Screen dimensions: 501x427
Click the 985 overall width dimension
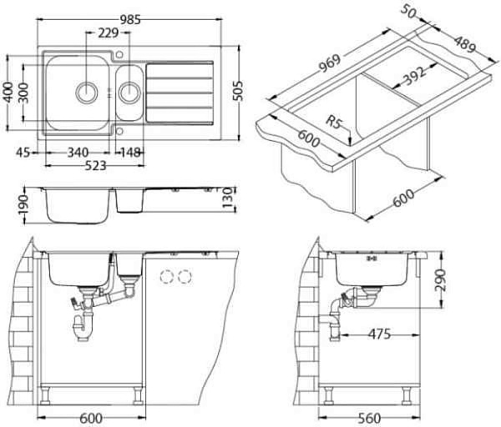(x=130, y=20)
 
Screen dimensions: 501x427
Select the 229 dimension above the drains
(x=109, y=33)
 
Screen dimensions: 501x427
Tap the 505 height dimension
(x=238, y=91)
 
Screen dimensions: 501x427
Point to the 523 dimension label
(x=95, y=166)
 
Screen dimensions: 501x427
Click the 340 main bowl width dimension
(x=78, y=153)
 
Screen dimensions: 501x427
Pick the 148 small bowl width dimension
(x=130, y=153)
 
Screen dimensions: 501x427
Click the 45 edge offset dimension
(x=23, y=153)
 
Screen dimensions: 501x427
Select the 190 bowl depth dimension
(x=24, y=205)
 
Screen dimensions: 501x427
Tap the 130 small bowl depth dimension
(x=227, y=198)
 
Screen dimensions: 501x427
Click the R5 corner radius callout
(x=334, y=123)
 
